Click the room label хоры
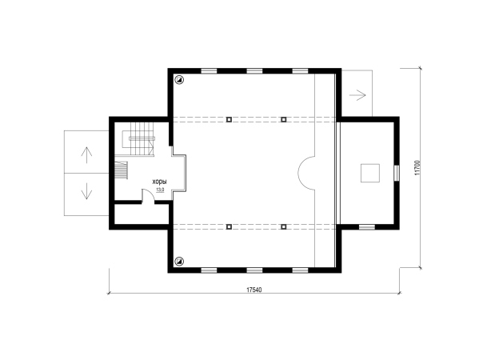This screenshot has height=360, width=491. point(159,182)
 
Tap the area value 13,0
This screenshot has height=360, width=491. point(160,190)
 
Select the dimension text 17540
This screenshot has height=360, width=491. point(254,290)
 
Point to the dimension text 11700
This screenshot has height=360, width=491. point(417,168)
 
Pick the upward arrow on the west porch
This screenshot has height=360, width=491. point(86,155)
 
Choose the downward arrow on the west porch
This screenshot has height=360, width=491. point(86,191)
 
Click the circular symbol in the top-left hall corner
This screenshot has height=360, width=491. point(179,80)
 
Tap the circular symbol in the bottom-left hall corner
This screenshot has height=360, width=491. point(179,261)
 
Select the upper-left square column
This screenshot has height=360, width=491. point(229,119)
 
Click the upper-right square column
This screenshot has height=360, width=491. point(284,119)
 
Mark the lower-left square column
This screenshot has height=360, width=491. point(229,227)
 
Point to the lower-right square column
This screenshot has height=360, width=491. point(284,227)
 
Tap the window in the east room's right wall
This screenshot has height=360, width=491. point(397,173)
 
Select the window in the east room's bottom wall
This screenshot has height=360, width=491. point(367,227)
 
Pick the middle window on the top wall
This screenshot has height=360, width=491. point(254,71)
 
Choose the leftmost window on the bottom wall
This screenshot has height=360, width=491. point(209,270)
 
